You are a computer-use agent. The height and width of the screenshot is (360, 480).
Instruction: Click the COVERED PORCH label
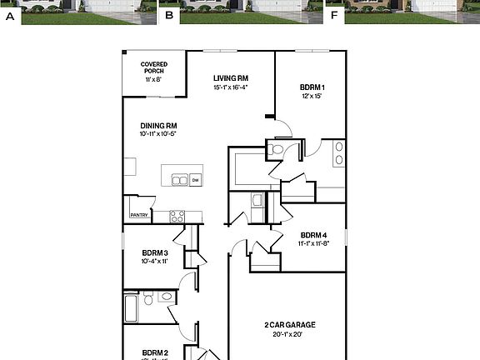154,67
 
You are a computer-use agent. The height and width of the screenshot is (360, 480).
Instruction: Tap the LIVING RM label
231,78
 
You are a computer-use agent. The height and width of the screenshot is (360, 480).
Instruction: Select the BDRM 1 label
312,87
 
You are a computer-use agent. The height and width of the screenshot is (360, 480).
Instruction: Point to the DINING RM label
159,126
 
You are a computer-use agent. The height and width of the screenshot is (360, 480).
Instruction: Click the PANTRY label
138,215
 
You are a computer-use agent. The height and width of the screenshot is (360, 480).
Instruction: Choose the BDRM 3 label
155,252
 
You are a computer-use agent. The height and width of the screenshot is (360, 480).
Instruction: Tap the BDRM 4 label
312,235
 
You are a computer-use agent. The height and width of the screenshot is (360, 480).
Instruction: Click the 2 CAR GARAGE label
289,325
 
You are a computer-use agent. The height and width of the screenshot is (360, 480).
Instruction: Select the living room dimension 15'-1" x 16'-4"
231,87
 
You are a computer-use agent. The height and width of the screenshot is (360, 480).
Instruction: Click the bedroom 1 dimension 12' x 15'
312,96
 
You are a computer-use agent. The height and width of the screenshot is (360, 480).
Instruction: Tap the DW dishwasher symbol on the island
195,179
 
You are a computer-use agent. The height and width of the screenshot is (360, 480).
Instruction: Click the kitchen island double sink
179,179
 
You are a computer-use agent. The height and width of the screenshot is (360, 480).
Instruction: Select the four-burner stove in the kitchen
177,216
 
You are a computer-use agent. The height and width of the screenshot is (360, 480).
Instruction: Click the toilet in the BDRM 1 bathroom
277,151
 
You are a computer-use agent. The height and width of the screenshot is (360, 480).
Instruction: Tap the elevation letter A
11,15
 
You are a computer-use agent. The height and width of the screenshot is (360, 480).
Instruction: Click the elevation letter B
170,15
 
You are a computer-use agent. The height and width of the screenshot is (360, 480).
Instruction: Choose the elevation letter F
335,15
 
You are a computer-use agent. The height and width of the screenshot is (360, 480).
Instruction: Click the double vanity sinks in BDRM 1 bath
338,153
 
